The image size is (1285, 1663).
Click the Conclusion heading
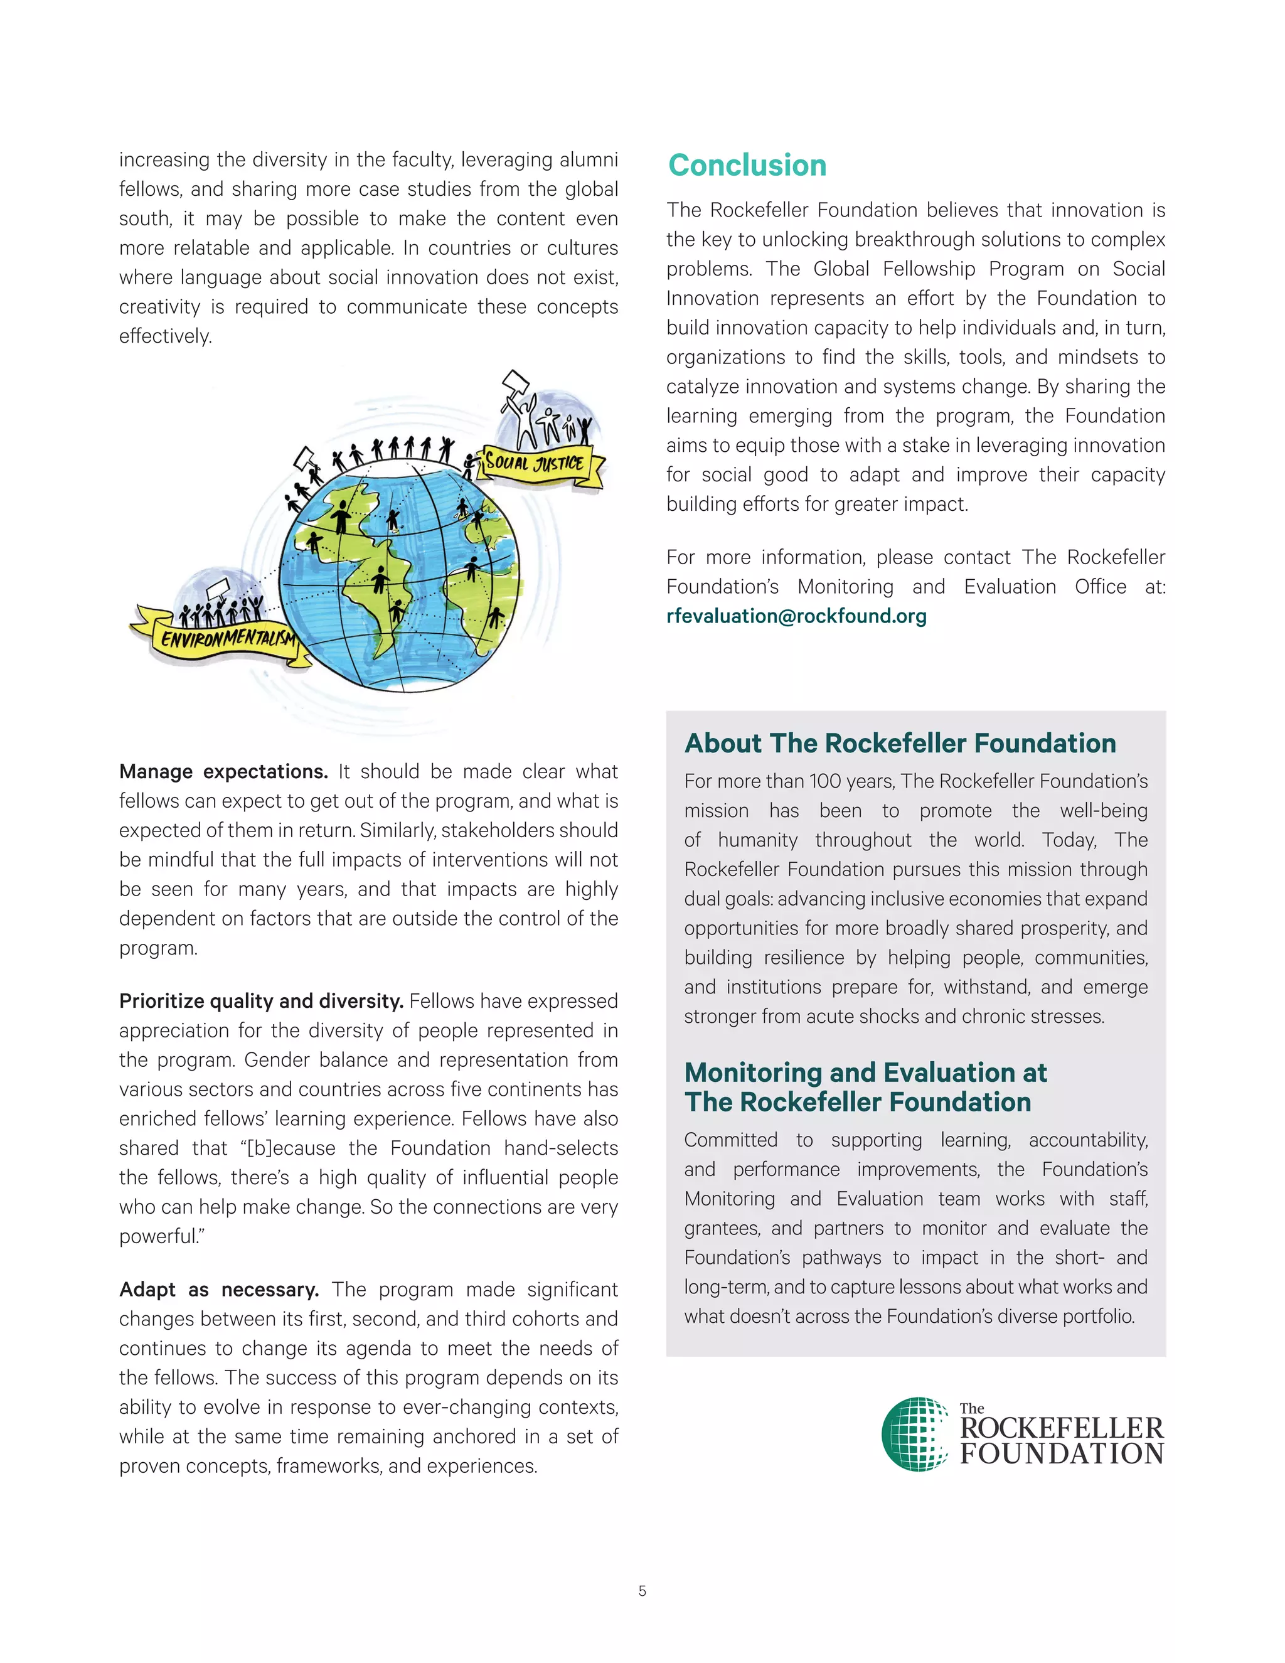pos(747,165)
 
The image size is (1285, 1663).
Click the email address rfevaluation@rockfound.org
pos(796,616)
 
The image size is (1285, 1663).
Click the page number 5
pos(642,1591)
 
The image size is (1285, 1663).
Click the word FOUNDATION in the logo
pos(1061,1453)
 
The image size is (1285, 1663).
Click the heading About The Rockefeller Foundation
pos(900,743)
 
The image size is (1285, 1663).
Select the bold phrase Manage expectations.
pos(223,771)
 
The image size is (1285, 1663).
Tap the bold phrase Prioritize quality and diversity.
pos(261,1000)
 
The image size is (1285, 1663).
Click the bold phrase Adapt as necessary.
pos(219,1289)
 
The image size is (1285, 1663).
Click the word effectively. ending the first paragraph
pos(165,336)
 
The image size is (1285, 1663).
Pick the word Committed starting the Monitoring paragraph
pos(730,1140)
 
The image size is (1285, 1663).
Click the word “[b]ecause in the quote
pos(287,1148)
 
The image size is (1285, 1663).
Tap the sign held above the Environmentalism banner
pos(218,587)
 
